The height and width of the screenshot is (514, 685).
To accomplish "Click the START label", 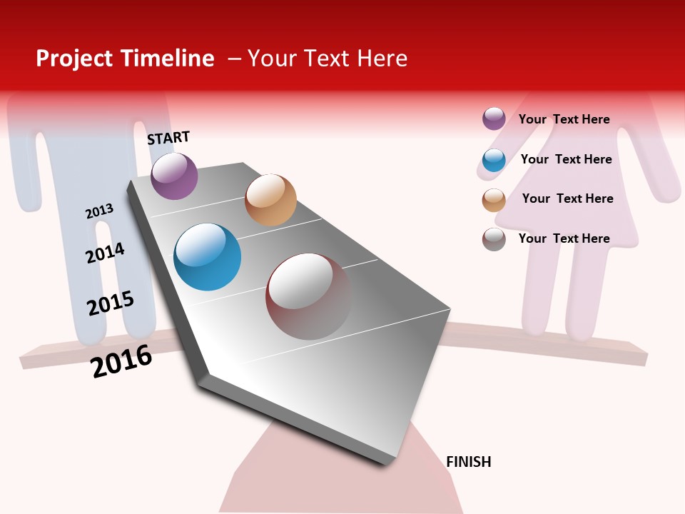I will point(168,138).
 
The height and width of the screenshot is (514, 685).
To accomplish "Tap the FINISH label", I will point(469,462).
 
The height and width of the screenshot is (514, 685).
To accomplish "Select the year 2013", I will point(99,211).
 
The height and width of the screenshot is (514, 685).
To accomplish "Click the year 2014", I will point(105,253).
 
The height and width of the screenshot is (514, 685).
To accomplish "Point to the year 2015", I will point(111,303).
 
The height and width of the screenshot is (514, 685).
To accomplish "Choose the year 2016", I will point(121,361).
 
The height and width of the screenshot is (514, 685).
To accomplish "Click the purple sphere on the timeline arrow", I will point(174,176).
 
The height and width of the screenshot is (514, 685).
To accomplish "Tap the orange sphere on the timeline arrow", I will point(270,200).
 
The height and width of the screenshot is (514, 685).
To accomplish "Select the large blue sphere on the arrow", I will point(207,257).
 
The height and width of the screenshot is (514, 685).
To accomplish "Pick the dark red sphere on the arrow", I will point(308,296).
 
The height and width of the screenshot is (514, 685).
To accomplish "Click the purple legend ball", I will point(494,119).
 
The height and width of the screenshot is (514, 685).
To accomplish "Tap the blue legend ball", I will point(494,160).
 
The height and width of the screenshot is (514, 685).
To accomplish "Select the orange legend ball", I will point(494,200).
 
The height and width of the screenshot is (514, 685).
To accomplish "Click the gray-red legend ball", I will point(494,239).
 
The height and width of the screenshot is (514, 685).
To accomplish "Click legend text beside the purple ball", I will point(564,119).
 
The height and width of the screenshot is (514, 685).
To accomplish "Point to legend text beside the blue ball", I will point(566,159).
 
